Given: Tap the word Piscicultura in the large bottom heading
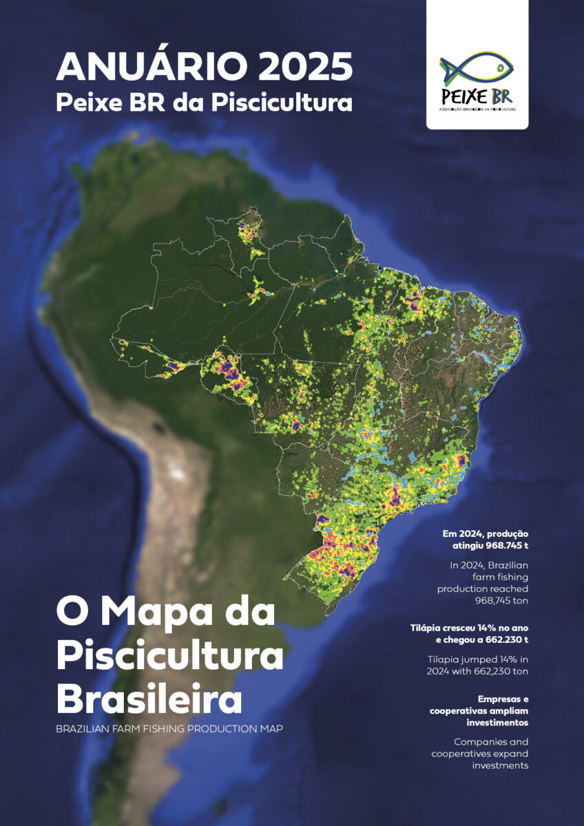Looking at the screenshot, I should pyautogui.click(x=170, y=656).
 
